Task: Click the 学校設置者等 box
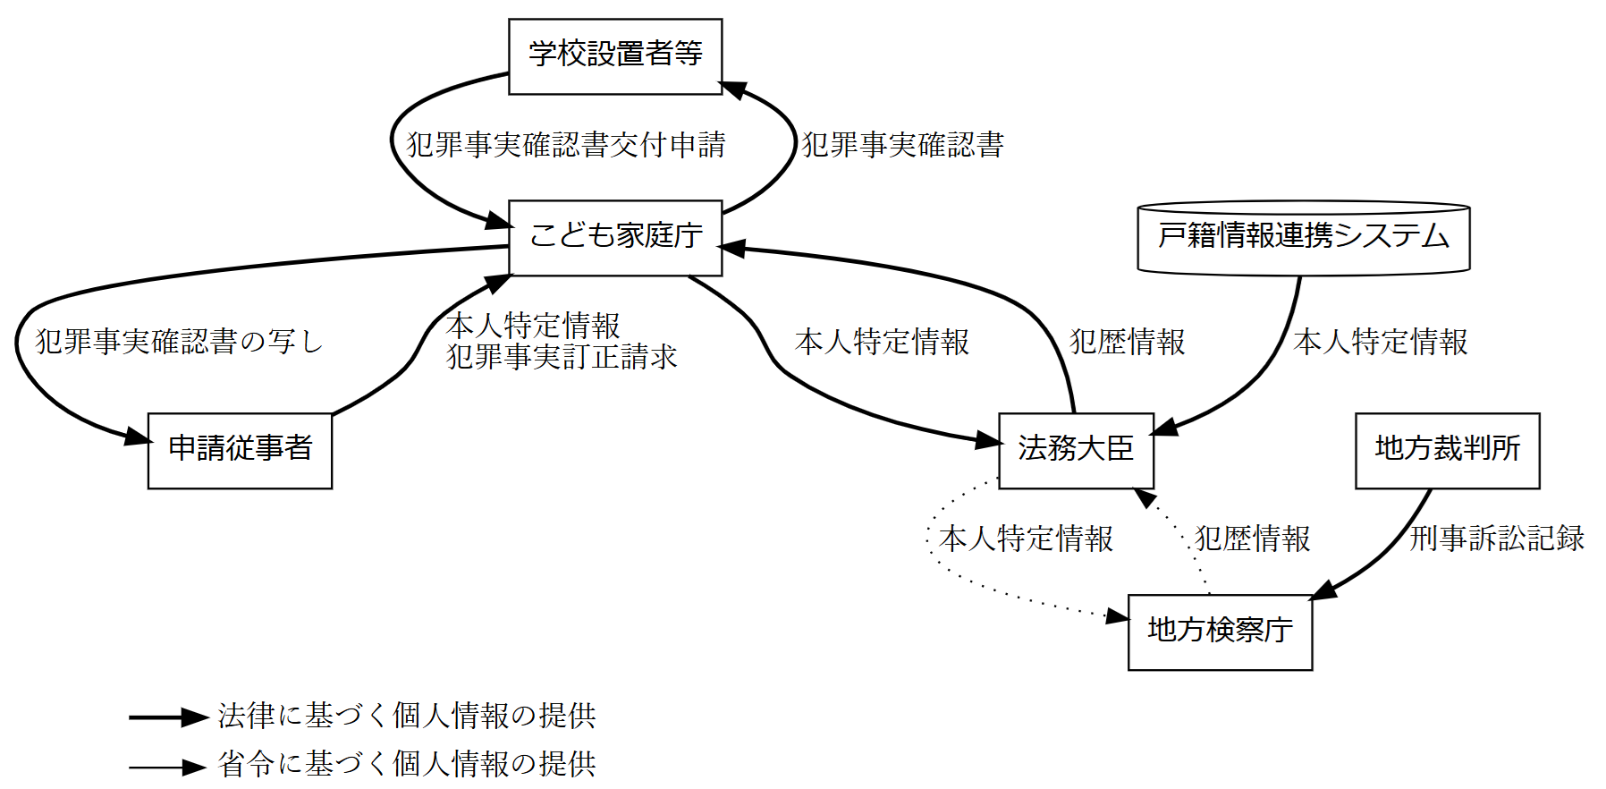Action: [x=615, y=56]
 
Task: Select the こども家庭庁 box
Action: [x=615, y=237]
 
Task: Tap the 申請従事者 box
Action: [x=240, y=450]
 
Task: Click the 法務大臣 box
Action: [x=1076, y=450]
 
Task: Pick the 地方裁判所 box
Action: [x=1447, y=450]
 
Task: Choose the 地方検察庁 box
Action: [x=1220, y=632]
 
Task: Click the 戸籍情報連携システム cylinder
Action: [x=1303, y=237]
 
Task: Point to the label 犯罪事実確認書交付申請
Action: [x=566, y=145]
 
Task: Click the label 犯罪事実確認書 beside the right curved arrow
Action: [x=902, y=145]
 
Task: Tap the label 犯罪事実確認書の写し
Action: [x=179, y=342]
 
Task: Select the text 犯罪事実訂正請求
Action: [x=562, y=358]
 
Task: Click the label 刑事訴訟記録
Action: [x=1496, y=539]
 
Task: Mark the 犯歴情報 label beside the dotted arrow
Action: [x=1252, y=539]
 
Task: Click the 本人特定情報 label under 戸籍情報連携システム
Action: [x=1380, y=342]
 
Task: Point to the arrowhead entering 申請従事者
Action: [x=139, y=437]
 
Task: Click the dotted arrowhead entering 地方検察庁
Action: [x=1117, y=616]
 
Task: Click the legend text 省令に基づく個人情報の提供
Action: [x=407, y=764]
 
